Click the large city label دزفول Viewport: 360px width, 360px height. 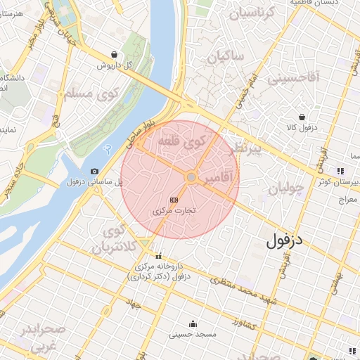[294, 240]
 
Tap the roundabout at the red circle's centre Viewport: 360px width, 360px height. [191, 178]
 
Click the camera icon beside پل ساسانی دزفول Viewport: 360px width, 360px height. [94, 172]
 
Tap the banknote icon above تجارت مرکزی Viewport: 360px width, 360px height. [174, 199]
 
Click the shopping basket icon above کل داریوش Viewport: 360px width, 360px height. [115, 54]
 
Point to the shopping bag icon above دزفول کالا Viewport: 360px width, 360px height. [302, 117]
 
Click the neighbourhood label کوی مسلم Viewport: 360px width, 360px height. [89, 93]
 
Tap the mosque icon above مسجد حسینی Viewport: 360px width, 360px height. [193, 323]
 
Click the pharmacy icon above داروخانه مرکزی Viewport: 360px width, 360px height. [158, 256]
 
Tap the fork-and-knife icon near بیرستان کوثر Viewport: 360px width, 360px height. [340, 171]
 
